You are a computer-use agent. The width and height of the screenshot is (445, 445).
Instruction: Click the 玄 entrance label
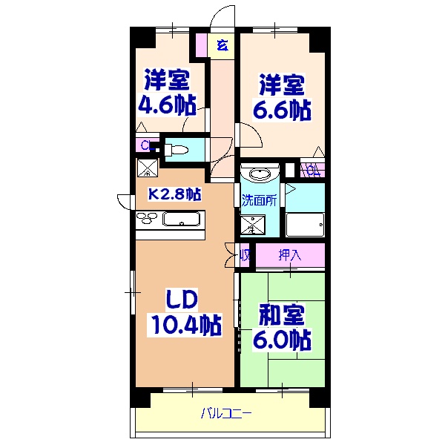pyautogui.click(x=222, y=45)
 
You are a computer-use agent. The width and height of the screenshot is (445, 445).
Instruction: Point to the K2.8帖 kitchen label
pyautogui.click(x=175, y=194)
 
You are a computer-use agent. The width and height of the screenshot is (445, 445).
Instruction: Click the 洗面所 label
pyautogui.click(x=259, y=200)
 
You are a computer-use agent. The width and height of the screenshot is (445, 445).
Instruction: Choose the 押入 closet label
pyautogui.click(x=290, y=255)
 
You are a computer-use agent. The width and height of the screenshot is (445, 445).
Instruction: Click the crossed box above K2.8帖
pyautogui.click(x=147, y=169)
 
